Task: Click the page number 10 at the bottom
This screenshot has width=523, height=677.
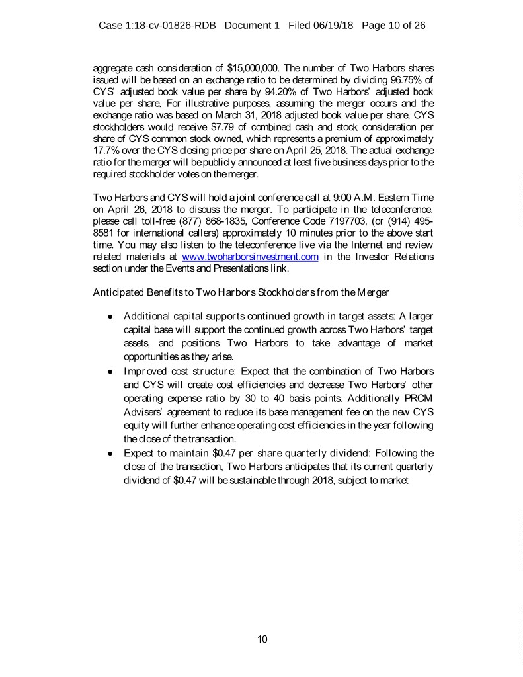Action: pyautogui.click(x=262, y=639)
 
